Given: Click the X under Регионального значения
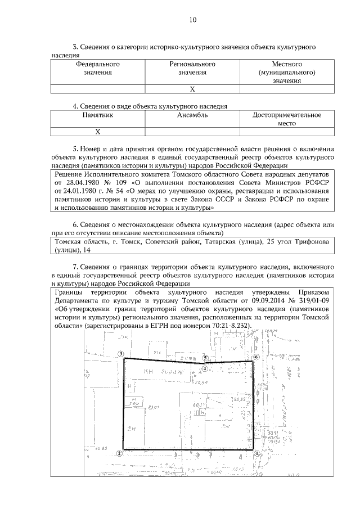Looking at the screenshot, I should click(192, 89).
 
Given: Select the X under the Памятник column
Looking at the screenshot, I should click(97, 132).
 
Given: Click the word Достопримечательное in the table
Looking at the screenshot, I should click(287, 115).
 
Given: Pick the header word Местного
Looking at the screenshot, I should click(287, 64).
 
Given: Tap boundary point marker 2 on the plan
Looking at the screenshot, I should click(119, 453).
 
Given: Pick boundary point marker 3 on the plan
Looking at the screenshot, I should click(120, 354).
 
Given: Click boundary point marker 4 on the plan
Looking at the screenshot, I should click(205, 368).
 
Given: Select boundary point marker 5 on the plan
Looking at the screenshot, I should click(205, 357).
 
